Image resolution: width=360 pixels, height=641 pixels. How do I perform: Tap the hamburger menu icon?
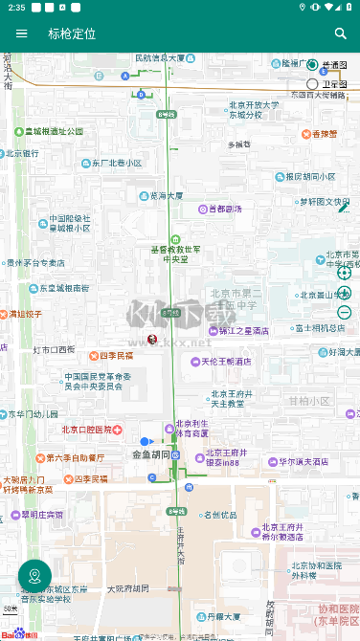click(22, 33)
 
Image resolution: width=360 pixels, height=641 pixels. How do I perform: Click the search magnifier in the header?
click(340, 33)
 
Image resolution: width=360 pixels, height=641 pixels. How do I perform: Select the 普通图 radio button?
click(312, 65)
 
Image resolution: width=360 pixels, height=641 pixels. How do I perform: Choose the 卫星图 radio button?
click(312, 84)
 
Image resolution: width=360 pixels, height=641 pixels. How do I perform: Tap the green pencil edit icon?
click(343, 207)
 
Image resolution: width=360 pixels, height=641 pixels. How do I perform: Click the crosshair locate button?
click(345, 272)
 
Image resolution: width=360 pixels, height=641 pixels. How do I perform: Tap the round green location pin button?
click(34, 576)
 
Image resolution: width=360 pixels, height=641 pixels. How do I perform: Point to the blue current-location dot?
click(145, 441)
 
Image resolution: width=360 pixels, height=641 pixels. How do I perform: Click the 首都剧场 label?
click(221, 209)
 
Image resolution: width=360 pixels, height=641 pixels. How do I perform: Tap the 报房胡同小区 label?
click(304, 176)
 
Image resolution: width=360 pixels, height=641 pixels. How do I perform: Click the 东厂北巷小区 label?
click(116, 163)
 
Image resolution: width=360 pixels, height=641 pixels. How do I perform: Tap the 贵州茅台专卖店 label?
click(37, 262)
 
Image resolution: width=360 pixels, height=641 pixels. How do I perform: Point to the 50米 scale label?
click(11, 608)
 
